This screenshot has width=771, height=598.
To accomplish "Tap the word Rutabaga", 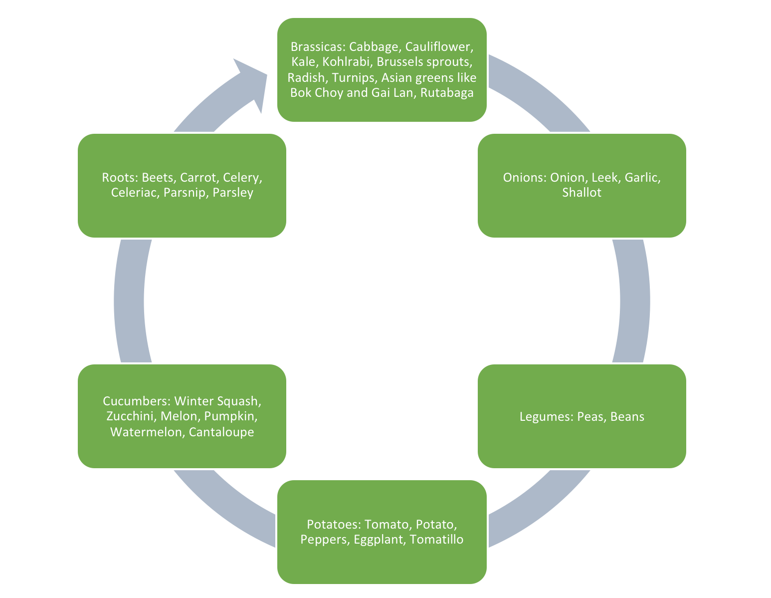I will [x=447, y=93].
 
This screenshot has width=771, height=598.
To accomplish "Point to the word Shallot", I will [x=581, y=193].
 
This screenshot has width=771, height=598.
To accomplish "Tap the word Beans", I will [x=627, y=416].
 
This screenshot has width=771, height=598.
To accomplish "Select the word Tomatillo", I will [x=436, y=540].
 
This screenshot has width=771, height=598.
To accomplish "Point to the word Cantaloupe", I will [x=221, y=432].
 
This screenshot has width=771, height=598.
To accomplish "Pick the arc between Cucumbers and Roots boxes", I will [x=129, y=301].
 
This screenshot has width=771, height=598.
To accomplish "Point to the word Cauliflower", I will [x=439, y=47].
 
